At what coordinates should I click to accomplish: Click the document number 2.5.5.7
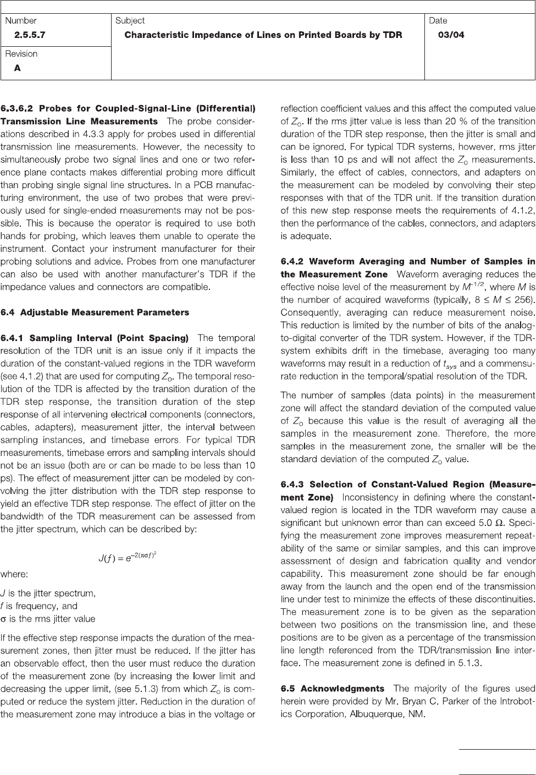pyautogui.click(x=30, y=35)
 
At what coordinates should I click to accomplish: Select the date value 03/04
pyautogui.click(x=450, y=35)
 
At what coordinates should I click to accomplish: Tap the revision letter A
pyautogui.click(x=18, y=68)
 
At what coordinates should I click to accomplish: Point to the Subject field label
pyautogui.click(x=130, y=21)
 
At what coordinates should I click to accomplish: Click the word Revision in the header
pyautogui.click(x=21, y=54)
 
